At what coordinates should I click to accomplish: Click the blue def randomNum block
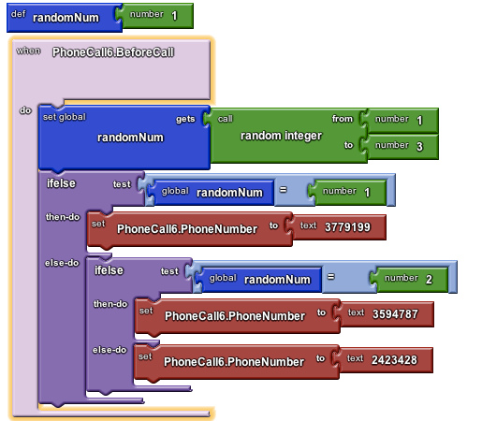64,18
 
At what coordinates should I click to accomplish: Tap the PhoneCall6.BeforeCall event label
113,52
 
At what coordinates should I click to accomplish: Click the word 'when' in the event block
28,51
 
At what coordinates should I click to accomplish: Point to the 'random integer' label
281,136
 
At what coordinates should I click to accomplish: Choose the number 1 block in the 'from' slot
400,120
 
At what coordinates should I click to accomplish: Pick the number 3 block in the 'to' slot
400,147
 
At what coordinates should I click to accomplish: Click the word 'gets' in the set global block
185,119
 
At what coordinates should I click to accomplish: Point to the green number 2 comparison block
409,279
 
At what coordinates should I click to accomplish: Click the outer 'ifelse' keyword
61,183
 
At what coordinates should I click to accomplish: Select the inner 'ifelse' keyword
109,270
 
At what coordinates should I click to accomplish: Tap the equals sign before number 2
330,277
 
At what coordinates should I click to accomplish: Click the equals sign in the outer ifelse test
283,190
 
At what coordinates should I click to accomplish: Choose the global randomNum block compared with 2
258,280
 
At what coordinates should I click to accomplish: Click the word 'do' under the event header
25,110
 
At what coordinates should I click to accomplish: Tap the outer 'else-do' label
62,263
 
